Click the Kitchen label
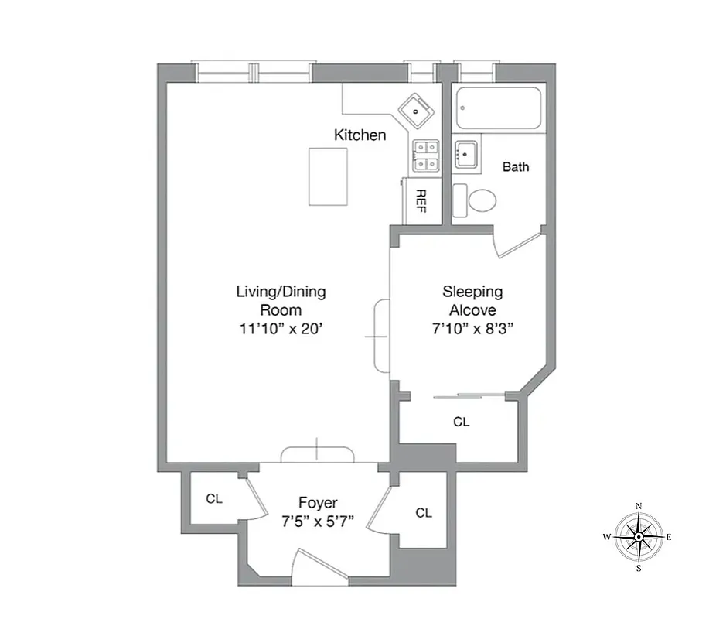click(x=360, y=135)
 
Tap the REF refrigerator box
click(x=421, y=200)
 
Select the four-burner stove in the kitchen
click(x=425, y=155)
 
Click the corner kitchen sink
click(x=417, y=110)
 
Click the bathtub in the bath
click(x=499, y=108)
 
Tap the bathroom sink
click(x=465, y=154)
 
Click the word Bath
click(x=516, y=166)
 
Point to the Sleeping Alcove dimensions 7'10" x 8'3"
click(x=472, y=327)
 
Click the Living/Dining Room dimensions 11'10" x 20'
click(x=281, y=327)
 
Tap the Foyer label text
click(x=318, y=503)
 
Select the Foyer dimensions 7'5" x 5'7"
click(x=318, y=521)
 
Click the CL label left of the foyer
click(x=214, y=499)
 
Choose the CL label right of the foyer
click(x=423, y=513)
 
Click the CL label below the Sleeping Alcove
click(x=462, y=422)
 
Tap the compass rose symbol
click(x=639, y=536)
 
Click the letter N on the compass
click(x=639, y=506)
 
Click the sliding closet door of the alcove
click(x=469, y=396)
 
